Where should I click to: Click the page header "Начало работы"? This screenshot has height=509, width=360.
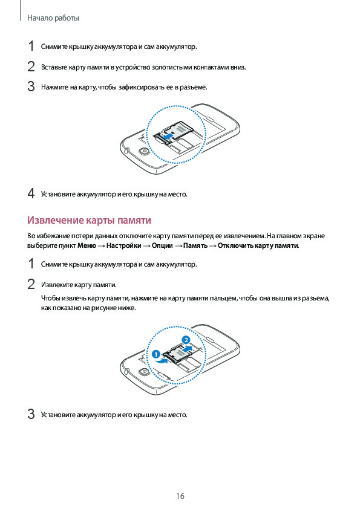coord(53,18)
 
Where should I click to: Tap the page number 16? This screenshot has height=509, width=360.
coord(180,496)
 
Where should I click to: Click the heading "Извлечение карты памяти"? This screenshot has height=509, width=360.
coord(90,220)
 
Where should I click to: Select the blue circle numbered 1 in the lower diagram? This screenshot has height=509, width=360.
coord(156,354)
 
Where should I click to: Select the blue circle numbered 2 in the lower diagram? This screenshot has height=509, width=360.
coord(186,340)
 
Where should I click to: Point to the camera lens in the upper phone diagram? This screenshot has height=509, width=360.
coord(143,151)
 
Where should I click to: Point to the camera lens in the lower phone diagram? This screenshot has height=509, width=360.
coord(143,372)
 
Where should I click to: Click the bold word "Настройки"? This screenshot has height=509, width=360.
coord(124,245)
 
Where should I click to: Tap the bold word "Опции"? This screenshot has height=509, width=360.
coord(162,245)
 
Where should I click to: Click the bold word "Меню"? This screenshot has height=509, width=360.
coord(87,245)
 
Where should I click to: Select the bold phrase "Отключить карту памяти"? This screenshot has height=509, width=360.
coord(258,245)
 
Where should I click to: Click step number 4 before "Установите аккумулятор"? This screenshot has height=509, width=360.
coord(31,193)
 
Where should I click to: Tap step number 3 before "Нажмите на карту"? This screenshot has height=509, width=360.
coord(31,86)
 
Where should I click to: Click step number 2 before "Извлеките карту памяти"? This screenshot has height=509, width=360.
coord(31,284)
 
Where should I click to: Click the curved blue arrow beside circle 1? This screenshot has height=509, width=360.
coord(162,360)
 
